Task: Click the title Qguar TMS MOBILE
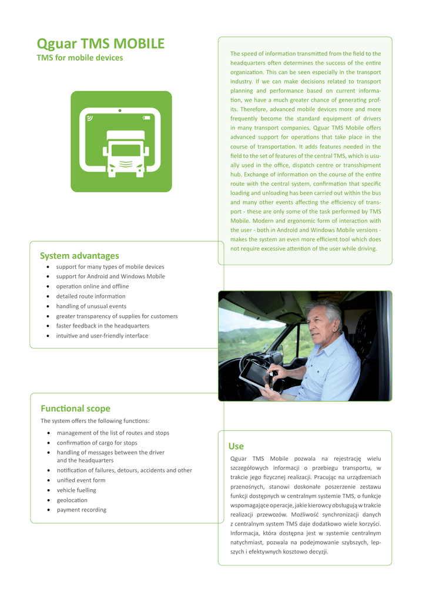coord(100,44)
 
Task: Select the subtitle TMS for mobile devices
coord(80,58)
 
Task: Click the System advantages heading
coord(79,256)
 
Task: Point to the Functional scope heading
coord(75,409)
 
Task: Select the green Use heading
coord(236,446)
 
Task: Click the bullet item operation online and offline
coord(90,286)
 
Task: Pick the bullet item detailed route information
coord(90,296)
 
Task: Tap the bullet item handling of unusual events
coord(91,306)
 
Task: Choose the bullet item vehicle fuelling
coord(76,490)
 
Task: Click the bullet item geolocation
coord(72,500)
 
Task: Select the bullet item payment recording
coord(81,510)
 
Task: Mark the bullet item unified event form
coord(81,480)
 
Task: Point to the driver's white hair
coord(331,311)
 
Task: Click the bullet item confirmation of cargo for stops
coord(97,443)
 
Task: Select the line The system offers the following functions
coord(95,421)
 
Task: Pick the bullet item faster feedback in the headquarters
coord(102,326)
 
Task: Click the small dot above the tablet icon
coord(120,111)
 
